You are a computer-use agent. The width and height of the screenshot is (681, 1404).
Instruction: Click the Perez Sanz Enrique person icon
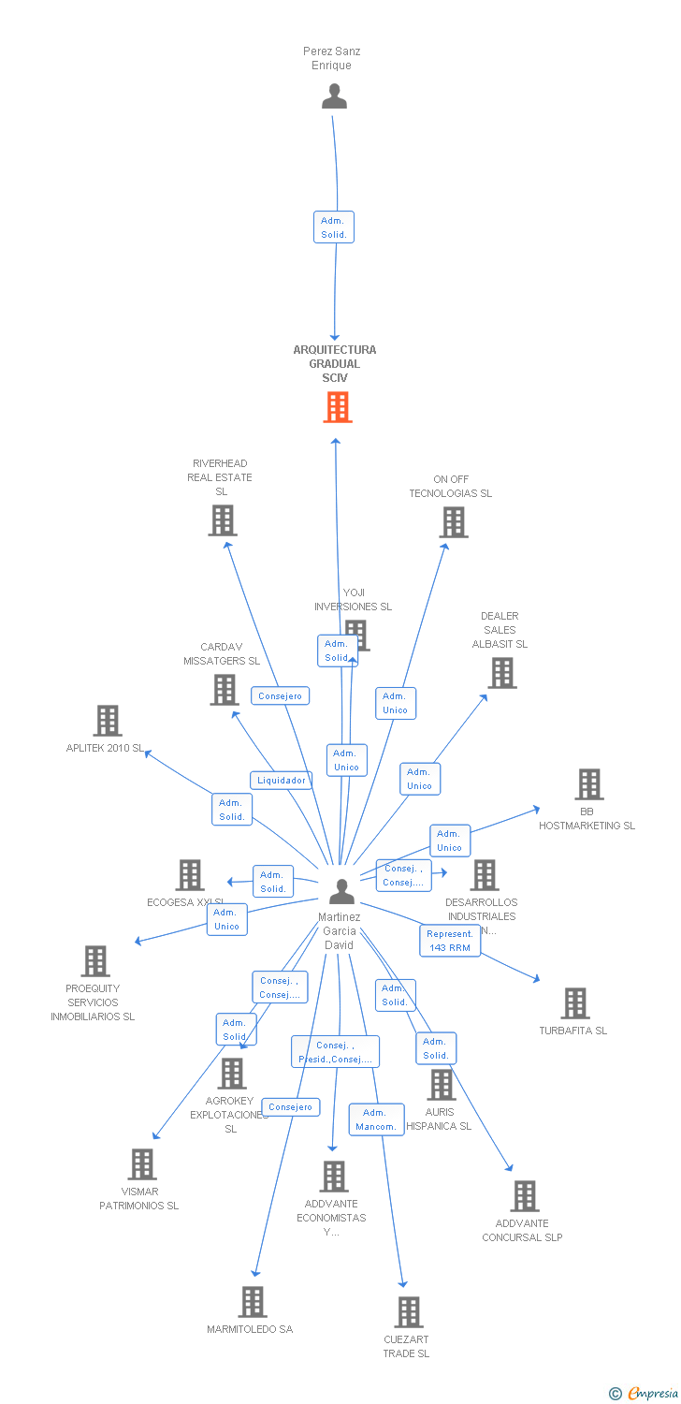(334, 96)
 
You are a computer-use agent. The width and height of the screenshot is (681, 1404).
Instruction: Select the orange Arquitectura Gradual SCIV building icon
(337, 407)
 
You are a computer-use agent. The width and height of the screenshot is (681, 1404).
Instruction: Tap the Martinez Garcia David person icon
(341, 892)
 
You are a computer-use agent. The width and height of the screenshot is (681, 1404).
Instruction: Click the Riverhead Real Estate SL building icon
(222, 520)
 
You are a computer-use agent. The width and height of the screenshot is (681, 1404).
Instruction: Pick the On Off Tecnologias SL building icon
(453, 522)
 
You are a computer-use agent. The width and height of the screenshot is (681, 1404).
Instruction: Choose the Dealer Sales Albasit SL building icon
(501, 673)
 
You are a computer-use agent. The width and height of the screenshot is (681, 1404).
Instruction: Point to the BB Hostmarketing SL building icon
(588, 784)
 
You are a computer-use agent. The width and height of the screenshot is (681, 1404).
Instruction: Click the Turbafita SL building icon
(574, 1003)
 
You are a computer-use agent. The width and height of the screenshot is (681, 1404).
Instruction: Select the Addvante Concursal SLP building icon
(524, 1196)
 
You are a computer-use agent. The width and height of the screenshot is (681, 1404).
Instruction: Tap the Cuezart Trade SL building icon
(408, 1312)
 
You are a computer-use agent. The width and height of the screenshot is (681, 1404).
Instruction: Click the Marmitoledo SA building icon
(252, 1302)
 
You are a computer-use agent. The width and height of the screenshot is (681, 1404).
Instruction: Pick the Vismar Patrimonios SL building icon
(141, 1164)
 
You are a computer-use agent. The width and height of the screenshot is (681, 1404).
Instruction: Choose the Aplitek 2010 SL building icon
(108, 721)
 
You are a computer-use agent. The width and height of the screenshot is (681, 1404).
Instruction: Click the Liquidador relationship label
(282, 780)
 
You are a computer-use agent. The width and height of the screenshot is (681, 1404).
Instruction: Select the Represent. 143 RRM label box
(450, 941)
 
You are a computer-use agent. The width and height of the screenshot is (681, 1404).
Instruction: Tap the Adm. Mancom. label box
(376, 1119)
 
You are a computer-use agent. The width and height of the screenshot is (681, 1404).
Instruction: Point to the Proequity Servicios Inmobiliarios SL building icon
(94, 961)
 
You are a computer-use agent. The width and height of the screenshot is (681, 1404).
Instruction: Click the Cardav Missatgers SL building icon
(224, 690)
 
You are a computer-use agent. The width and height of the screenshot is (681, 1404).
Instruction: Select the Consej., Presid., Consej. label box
(335, 1052)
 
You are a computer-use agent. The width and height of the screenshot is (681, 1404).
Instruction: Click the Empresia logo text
(653, 1394)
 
